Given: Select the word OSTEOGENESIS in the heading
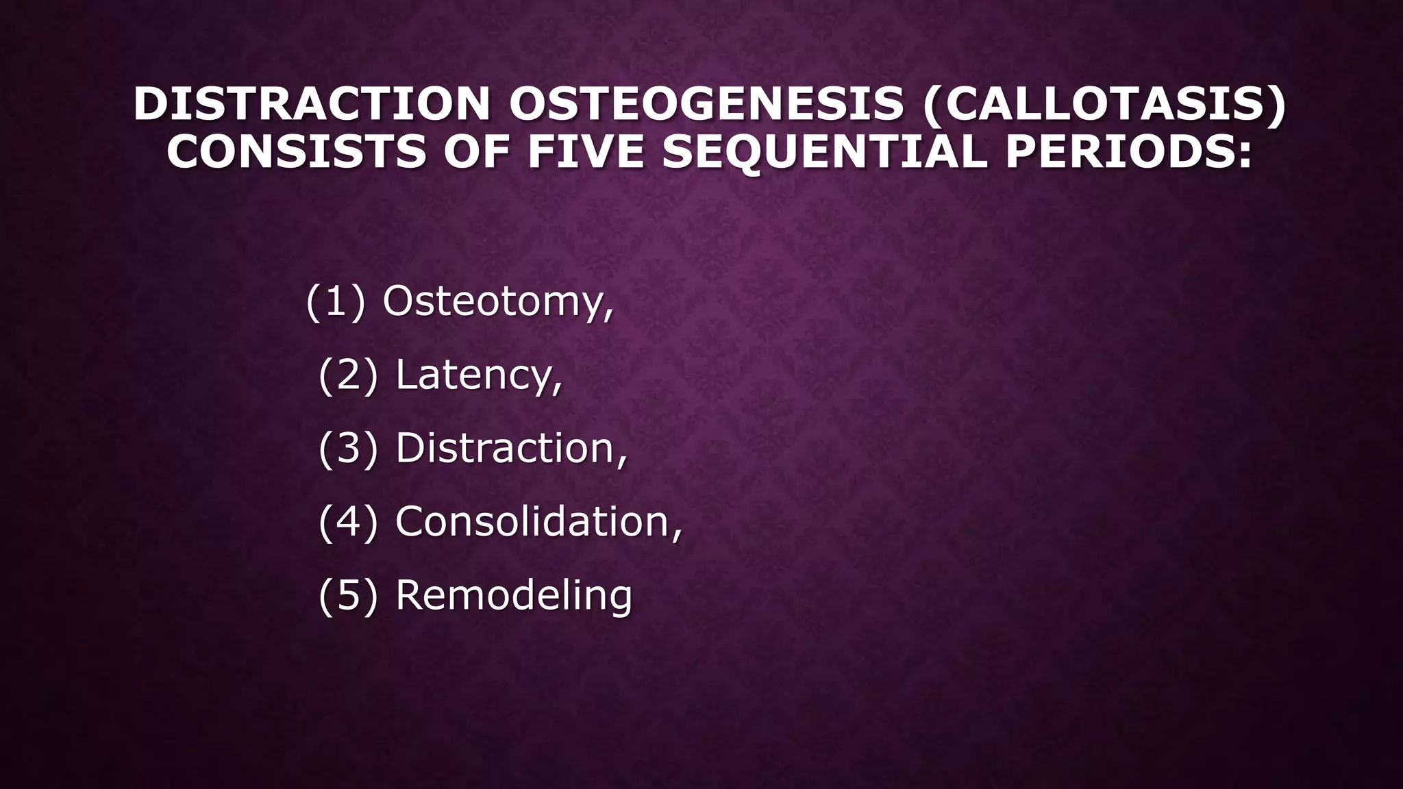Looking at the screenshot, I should (706, 104).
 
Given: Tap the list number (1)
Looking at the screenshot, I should (335, 301).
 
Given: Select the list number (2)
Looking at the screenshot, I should (348, 375).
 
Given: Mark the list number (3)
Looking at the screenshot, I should (348, 449).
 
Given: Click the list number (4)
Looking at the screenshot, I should (348, 522).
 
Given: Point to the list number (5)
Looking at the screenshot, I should (348, 595).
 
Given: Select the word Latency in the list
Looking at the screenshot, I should (474, 375).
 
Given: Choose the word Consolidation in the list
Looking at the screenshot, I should (532, 522).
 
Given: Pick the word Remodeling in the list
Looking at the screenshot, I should (514, 595).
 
